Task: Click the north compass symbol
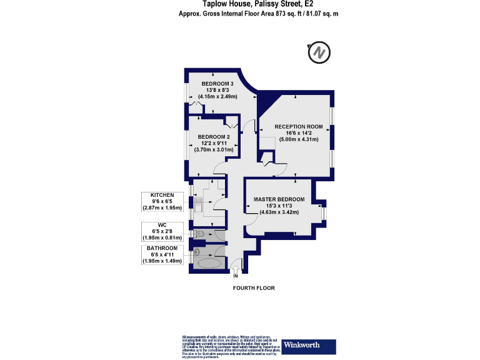tap(319, 53)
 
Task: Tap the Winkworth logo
tap(309, 346)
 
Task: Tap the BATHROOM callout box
tap(162, 254)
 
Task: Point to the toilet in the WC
tap(198, 234)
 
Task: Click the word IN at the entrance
tap(236, 276)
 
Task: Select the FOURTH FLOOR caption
tap(253, 288)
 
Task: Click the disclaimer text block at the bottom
tap(227, 346)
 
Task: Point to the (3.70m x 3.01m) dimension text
tap(214, 150)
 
